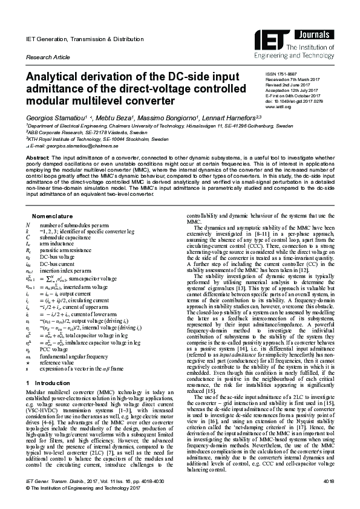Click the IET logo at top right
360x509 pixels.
269,39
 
